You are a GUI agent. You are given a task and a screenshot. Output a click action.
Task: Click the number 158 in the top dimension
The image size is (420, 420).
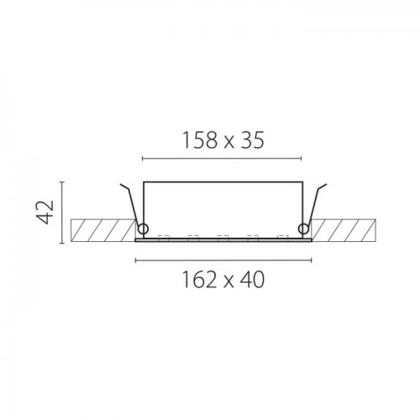(x=200, y=140)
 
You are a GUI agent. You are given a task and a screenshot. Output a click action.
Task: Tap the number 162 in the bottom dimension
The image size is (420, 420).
(x=200, y=280)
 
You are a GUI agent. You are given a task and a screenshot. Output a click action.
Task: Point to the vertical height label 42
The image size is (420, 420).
(x=45, y=212)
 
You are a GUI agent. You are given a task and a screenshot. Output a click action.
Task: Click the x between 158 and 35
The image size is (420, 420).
(x=228, y=143)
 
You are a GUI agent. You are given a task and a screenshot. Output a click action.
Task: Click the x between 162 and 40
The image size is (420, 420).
(x=228, y=282)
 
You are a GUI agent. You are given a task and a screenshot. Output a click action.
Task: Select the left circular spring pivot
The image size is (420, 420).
(x=143, y=229)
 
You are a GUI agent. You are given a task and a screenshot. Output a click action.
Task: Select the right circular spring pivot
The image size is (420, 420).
(x=303, y=229)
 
